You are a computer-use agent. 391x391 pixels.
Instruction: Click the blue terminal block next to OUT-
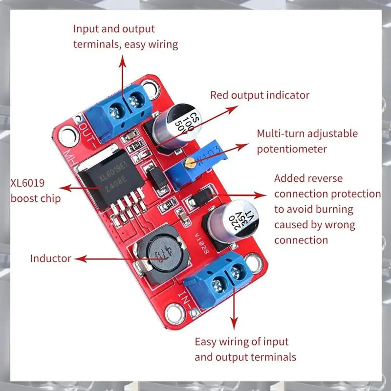[x=117, y=110]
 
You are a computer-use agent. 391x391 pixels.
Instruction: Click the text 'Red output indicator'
[x=260, y=95]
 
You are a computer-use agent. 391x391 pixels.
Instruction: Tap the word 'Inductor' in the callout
[x=51, y=258]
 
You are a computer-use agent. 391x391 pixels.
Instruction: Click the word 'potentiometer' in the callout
[x=291, y=149]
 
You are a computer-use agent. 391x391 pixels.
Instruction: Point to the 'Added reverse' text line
[x=308, y=178]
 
